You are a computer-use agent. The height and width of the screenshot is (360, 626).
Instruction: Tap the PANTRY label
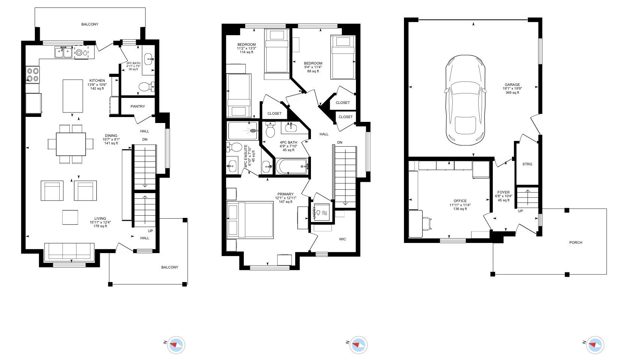[x=138, y=106]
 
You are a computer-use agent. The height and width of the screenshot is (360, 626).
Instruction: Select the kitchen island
[x=73, y=96]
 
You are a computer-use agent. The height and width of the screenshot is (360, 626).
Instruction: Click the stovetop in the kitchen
[x=32, y=74]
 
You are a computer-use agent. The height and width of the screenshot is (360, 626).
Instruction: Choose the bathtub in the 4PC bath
[x=291, y=166]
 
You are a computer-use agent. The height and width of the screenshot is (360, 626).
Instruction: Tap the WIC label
[x=342, y=239]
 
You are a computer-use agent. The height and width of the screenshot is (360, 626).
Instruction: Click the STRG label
[x=527, y=164]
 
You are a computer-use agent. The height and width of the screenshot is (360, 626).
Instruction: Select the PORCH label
[x=576, y=243]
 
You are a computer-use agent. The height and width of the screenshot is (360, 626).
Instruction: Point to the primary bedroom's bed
[x=250, y=220]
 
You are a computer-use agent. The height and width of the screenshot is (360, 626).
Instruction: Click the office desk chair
[x=428, y=223]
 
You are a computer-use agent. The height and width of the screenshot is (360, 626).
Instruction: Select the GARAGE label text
[x=512, y=85]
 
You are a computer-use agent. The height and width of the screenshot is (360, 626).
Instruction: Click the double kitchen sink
[x=63, y=52]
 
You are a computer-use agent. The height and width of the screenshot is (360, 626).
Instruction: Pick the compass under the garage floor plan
[x=595, y=345]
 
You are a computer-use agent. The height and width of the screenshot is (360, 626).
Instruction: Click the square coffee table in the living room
[x=70, y=217]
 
